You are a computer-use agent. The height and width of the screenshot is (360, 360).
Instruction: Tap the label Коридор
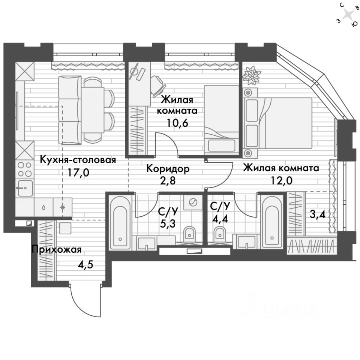(168, 169)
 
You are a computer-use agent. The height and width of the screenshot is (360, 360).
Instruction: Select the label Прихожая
(56, 249)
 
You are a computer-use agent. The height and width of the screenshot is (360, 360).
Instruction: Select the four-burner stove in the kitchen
(24, 169)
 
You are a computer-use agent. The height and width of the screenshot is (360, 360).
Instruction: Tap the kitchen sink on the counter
(25, 187)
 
